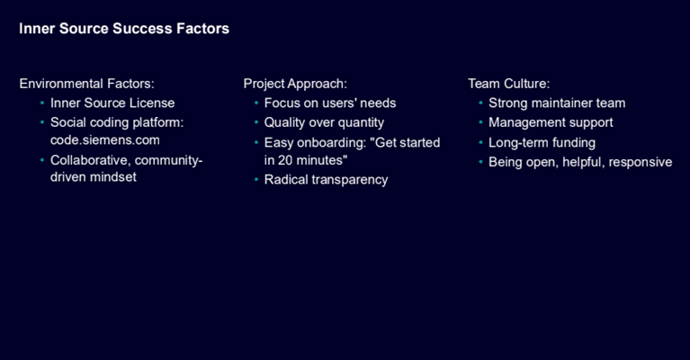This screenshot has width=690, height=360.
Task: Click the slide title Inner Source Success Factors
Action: [x=124, y=29]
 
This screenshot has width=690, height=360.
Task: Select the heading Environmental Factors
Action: [x=86, y=84]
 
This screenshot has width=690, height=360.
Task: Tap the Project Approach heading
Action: [x=295, y=84]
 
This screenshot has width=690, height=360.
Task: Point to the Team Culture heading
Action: [x=508, y=84]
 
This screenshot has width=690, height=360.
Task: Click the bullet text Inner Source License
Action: [x=112, y=103]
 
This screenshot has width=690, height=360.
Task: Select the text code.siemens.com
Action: [x=104, y=140]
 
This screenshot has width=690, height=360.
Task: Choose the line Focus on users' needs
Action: [x=330, y=103]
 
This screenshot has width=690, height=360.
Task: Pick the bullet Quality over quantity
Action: [x=324, y=122]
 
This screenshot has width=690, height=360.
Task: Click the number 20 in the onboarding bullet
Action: [x=284, y=160]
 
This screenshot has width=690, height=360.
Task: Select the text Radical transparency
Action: [x=326, y=180]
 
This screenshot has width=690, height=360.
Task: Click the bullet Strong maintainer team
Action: [x=557, y=103]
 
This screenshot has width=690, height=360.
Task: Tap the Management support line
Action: [x=551, y=122]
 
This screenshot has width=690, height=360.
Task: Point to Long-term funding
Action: [x=542, y=143]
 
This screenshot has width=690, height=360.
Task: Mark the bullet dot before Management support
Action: [x=480, y=122]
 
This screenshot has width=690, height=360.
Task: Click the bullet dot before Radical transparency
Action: [x=256, y=180]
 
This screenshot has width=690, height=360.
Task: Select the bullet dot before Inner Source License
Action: [x=42, y=103]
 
